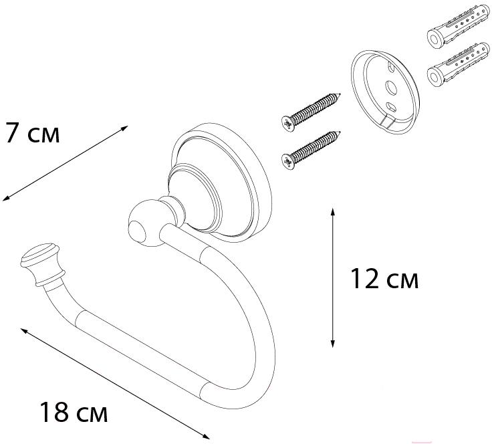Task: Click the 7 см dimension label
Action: point(33,132)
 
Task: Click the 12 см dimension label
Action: point(384,279)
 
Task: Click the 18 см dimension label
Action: point(74,412)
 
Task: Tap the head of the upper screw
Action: point(288,123)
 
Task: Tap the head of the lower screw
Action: point(288,162)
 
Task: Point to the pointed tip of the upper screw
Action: point(340,94)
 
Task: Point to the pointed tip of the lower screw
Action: point(340,132)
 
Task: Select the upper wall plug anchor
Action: point(458,27)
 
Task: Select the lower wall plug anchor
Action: point(458,65)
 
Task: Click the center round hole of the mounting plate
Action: point(391,88)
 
